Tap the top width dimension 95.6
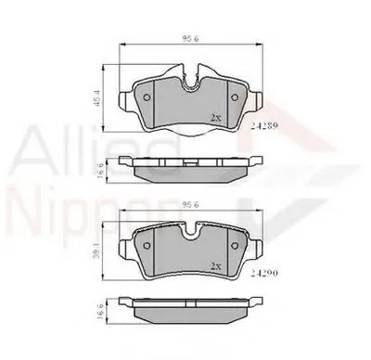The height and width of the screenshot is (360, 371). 191,39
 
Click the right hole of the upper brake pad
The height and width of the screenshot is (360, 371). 236,99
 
